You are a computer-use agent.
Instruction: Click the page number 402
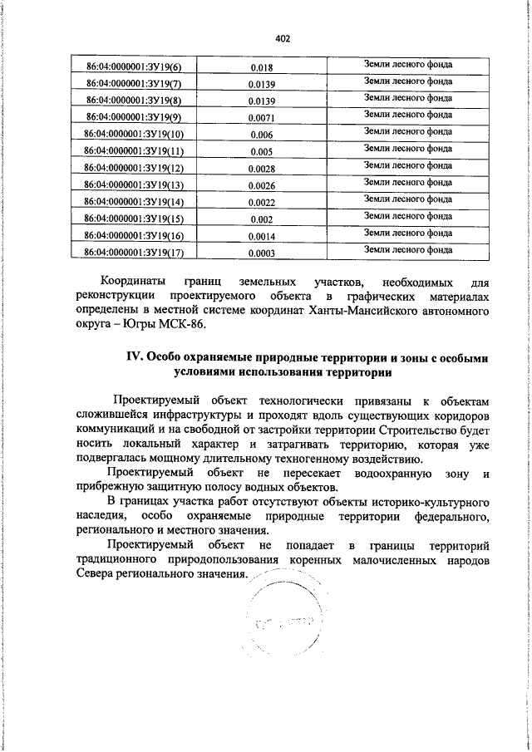point(281,38)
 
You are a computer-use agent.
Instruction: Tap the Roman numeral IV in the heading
point(135,356)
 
